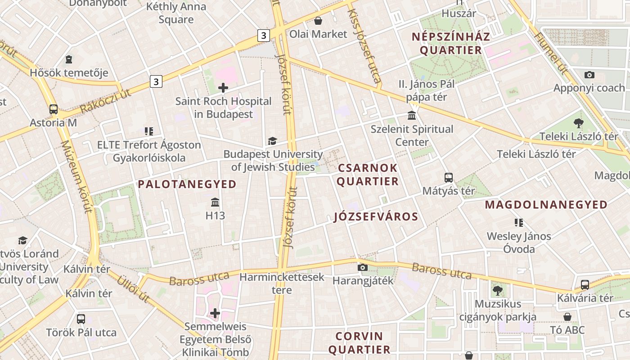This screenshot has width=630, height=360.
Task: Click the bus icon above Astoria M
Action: point(54,109)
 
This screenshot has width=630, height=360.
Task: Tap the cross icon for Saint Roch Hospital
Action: point(223,88)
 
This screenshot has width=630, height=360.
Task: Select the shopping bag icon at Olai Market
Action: point(318,21)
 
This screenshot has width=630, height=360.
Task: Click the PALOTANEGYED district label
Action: point(187,184)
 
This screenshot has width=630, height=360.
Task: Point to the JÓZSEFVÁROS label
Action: point(376,217)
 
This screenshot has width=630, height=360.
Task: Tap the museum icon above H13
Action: point(215,202)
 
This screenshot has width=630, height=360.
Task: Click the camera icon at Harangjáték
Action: point(362,268)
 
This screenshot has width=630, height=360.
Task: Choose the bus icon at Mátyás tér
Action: point(448,177)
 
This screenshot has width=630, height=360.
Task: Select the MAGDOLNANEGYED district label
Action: point(546,205)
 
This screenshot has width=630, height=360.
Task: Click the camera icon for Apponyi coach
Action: point(589,75)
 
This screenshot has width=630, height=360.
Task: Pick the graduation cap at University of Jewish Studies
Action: point(272,141)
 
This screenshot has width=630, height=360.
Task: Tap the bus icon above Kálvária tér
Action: point(585,284)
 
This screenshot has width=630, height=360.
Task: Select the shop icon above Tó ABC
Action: point(567,317)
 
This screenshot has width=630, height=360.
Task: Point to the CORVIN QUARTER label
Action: point(359,343)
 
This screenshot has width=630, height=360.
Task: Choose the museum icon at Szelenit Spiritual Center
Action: point(412,116)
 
